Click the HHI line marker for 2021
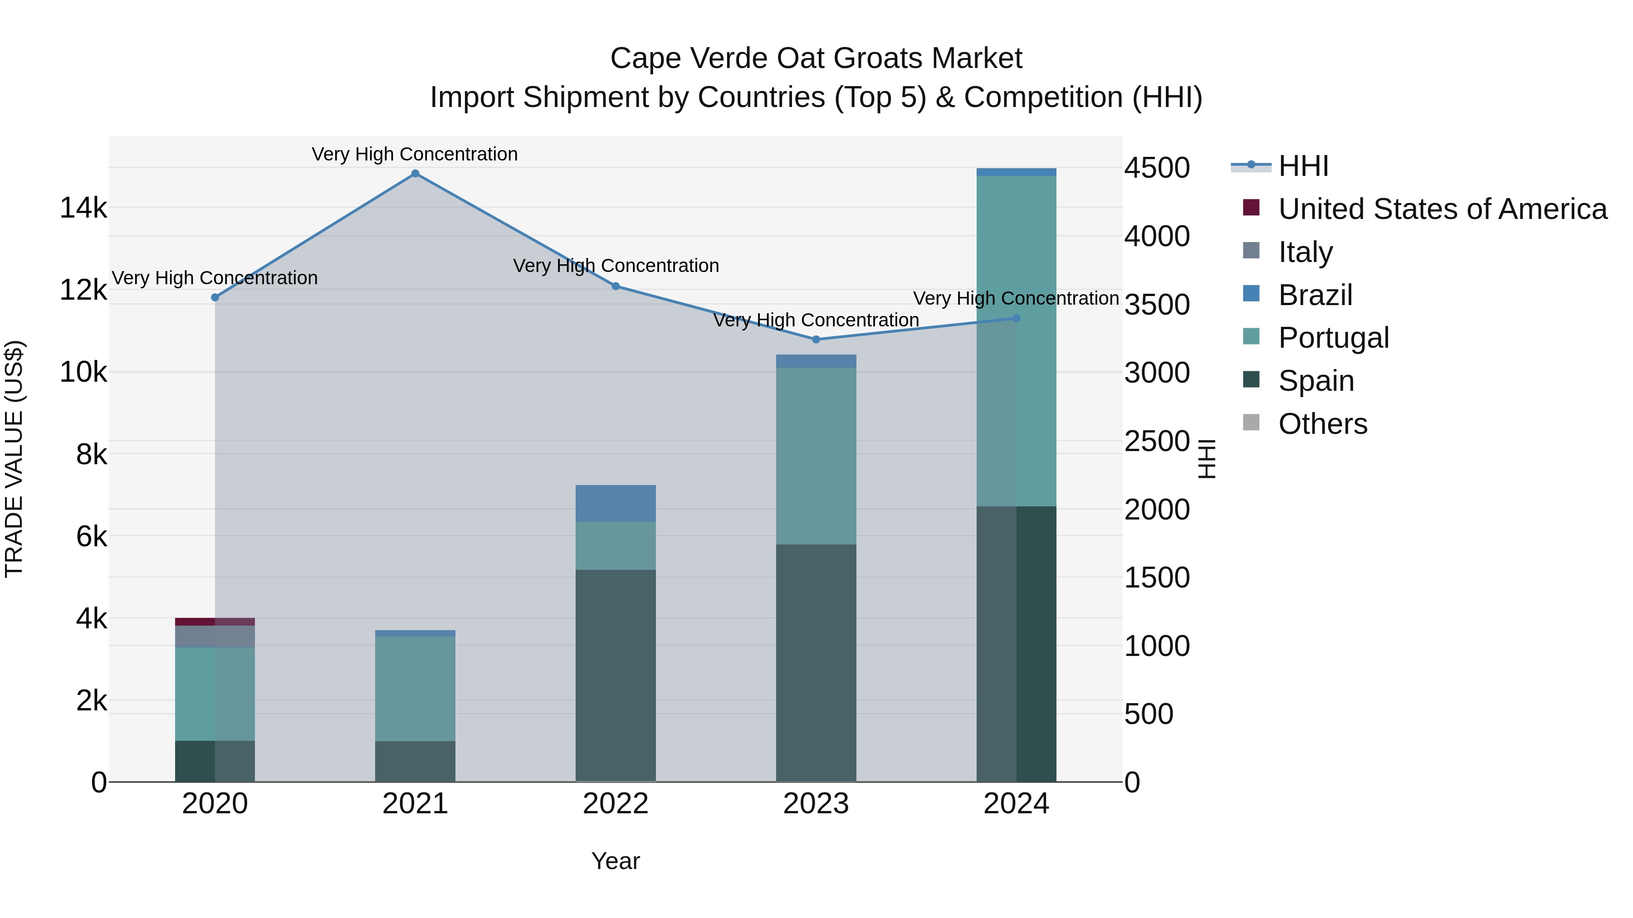point(415,174)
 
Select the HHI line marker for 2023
point(816,340)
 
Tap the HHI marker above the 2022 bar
point(616,287)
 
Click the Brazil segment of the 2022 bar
point(616,504)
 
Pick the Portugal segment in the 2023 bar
point(816,456)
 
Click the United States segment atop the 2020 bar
point(215,622)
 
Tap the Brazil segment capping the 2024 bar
point(1016,172)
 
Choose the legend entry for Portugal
point(1333,338)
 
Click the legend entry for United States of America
point(1442,209)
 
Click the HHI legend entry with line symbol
point(1303,166)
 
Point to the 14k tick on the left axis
point(83,208)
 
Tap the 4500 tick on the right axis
point(1157,168)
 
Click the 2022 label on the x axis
point(616,804)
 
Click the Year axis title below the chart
point(616,861)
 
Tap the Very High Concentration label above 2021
point(415,154)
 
